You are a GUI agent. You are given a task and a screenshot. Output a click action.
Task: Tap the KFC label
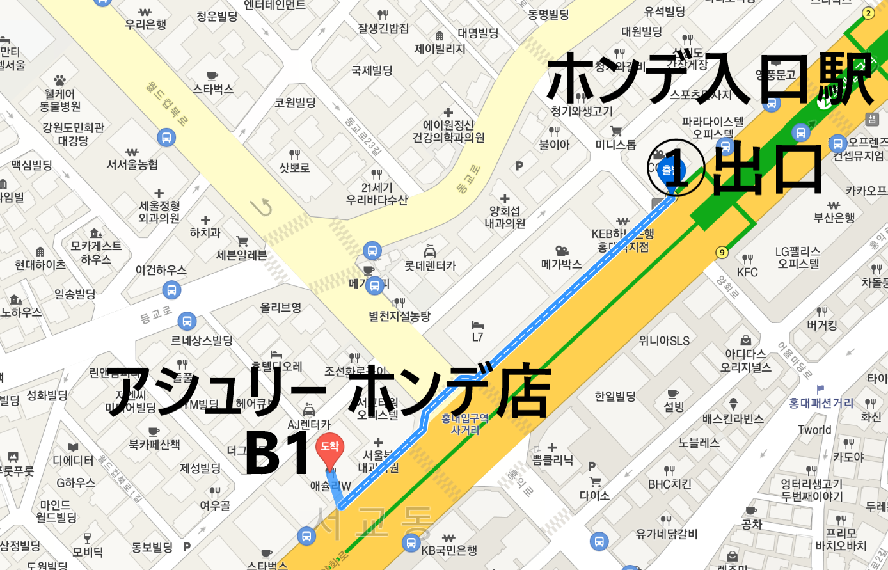click(747, 272)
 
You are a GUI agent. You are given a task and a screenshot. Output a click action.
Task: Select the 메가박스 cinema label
click(562, 264)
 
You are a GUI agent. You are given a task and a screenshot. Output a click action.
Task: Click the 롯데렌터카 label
click(430, 265)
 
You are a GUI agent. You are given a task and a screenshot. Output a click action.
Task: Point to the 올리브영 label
click(280, 308)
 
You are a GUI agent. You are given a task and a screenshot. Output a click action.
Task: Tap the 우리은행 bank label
click(145, 24)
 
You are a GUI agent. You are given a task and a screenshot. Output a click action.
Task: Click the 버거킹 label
click(822, 325)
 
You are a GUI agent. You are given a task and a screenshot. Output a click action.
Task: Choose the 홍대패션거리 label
click(821, 403)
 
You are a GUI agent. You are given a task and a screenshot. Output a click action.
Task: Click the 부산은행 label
click(834, 218)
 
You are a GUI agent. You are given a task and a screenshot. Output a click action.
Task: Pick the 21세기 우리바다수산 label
click(377, 194)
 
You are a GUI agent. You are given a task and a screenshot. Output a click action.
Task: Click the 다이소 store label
click(594, 495)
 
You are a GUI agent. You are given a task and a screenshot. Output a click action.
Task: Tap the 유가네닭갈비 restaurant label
click(666, 534)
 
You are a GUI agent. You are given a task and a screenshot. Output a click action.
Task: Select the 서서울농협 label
click(132, 164)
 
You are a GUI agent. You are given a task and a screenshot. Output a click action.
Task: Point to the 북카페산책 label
click(154, 444)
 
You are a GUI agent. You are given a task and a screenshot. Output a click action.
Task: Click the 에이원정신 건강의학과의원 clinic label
click(448, 131)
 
